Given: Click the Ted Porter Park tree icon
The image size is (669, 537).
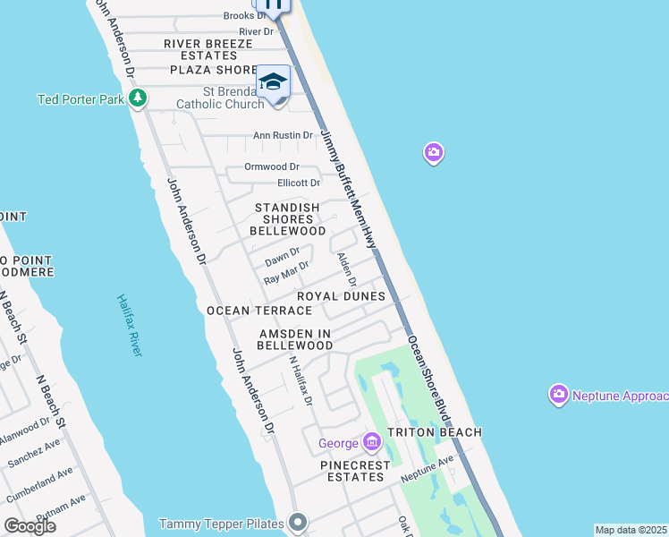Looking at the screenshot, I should click(137, 98).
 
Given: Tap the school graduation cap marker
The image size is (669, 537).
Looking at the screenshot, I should click(273, 82).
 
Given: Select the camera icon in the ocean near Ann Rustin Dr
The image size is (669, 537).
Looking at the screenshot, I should click(433, 154).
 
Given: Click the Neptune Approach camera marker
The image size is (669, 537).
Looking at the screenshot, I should click(559, 395).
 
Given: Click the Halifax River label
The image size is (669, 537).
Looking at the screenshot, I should click(130, 326).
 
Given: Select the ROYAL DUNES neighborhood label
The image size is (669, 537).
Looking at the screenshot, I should click(341, 296).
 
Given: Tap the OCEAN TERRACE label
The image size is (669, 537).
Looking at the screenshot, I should click(259, 311).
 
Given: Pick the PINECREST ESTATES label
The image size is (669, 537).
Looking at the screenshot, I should click(356, 471).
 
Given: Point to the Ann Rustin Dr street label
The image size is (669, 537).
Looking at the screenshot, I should click(283, 136).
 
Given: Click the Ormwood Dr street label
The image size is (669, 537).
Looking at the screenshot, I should click(271, 167).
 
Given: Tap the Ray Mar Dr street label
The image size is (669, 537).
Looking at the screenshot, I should click(286, 273).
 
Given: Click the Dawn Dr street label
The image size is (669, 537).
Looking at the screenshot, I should click(282, 257).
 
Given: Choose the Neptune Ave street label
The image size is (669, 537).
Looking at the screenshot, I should click(428, 465).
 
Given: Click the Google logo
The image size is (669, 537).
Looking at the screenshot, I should click(30, 526).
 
